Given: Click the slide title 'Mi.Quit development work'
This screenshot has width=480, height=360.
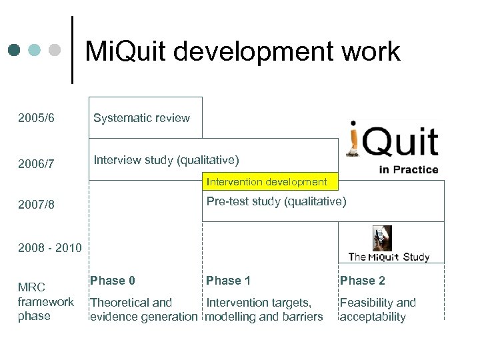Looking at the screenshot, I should point(243,51).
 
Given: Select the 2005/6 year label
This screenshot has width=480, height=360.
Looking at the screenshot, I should point(37,118).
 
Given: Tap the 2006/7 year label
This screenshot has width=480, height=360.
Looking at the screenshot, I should point(37,163).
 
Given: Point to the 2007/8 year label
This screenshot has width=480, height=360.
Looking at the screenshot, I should point(37,205).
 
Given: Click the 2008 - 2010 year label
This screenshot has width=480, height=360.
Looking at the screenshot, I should point(50,248).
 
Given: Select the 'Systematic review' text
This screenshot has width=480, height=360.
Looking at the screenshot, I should point(141,118).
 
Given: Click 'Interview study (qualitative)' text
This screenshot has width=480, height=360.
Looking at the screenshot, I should point(166,160).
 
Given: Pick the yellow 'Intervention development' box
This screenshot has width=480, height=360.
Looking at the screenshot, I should point(267,181).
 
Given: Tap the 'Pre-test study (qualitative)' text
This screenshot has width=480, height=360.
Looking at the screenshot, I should point(276,201).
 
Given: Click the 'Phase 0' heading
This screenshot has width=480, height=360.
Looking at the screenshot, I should point(113,280).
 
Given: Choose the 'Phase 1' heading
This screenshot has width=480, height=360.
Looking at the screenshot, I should point(228,280).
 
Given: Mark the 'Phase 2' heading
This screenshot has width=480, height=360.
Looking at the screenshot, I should point(362,280).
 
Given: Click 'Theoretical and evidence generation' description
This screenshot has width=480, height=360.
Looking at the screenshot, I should point(143,309).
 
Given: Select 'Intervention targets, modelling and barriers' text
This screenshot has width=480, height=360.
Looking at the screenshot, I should point(264,309).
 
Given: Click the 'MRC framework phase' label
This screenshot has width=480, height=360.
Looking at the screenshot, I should point(45,301).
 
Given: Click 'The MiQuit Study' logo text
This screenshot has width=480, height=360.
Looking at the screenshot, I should point(389,257).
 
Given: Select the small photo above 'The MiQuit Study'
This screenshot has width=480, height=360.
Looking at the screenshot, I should point(382,238).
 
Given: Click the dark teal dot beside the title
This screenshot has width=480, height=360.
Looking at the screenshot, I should point(15,50).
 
